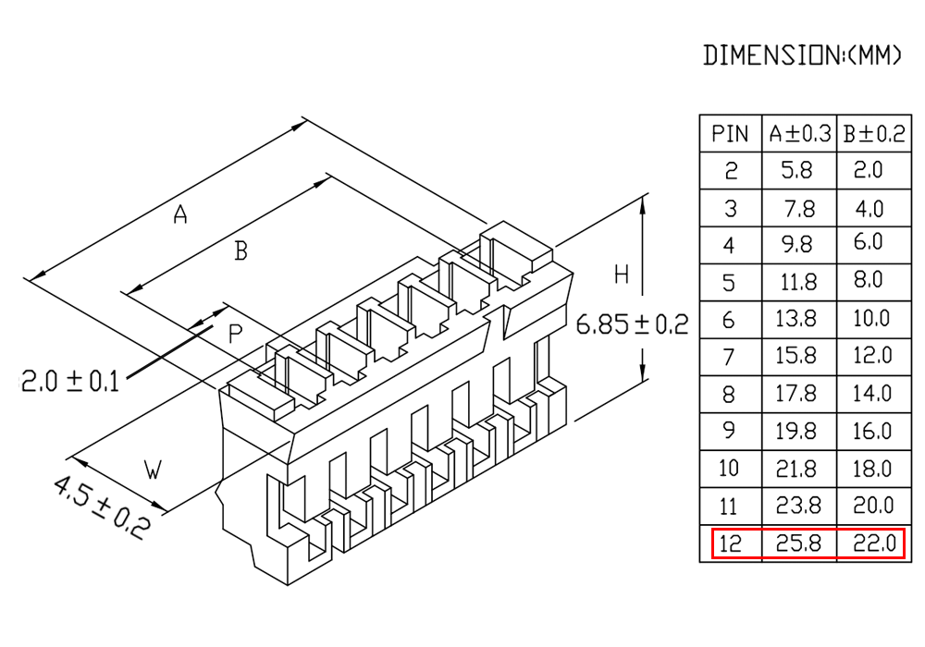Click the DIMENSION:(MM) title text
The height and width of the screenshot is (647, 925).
(802, 55)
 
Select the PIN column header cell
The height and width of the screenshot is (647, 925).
(730, 134)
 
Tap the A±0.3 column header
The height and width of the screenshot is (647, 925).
(800, 134)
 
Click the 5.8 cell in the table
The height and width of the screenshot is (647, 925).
(800, 171)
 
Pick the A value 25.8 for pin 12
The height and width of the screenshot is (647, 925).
(800, 543)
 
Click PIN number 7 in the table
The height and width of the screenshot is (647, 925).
(730, 357)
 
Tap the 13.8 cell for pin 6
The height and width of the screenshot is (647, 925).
(800, 320)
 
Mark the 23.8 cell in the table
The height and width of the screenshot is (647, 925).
(800, 507)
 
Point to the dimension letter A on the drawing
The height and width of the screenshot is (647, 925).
(181, 215)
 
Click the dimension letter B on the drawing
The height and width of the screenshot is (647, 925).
(240, 250)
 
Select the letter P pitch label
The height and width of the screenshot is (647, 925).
(235, 334)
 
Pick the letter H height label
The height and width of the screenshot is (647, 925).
(622, 274)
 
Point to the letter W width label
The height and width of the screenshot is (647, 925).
(154, 470)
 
